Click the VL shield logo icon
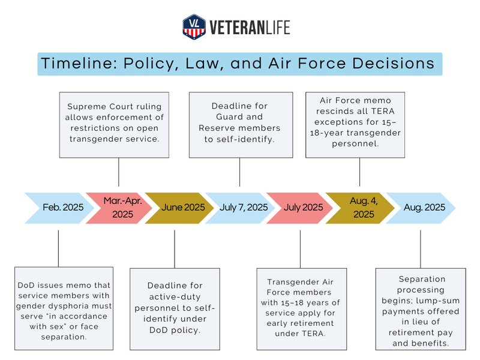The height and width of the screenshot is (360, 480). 194,26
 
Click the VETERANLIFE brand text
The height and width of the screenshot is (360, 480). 249,27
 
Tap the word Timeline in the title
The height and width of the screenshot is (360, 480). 72,64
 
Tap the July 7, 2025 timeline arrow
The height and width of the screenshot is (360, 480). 240,208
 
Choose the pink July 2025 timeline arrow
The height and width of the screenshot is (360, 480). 300,208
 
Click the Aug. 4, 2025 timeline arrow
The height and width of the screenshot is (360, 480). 360,208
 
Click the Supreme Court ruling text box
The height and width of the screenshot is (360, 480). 115,124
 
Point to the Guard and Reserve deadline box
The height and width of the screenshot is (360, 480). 241,124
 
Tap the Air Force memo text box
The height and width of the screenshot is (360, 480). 355,124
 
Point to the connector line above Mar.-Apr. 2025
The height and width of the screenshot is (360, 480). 119,172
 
